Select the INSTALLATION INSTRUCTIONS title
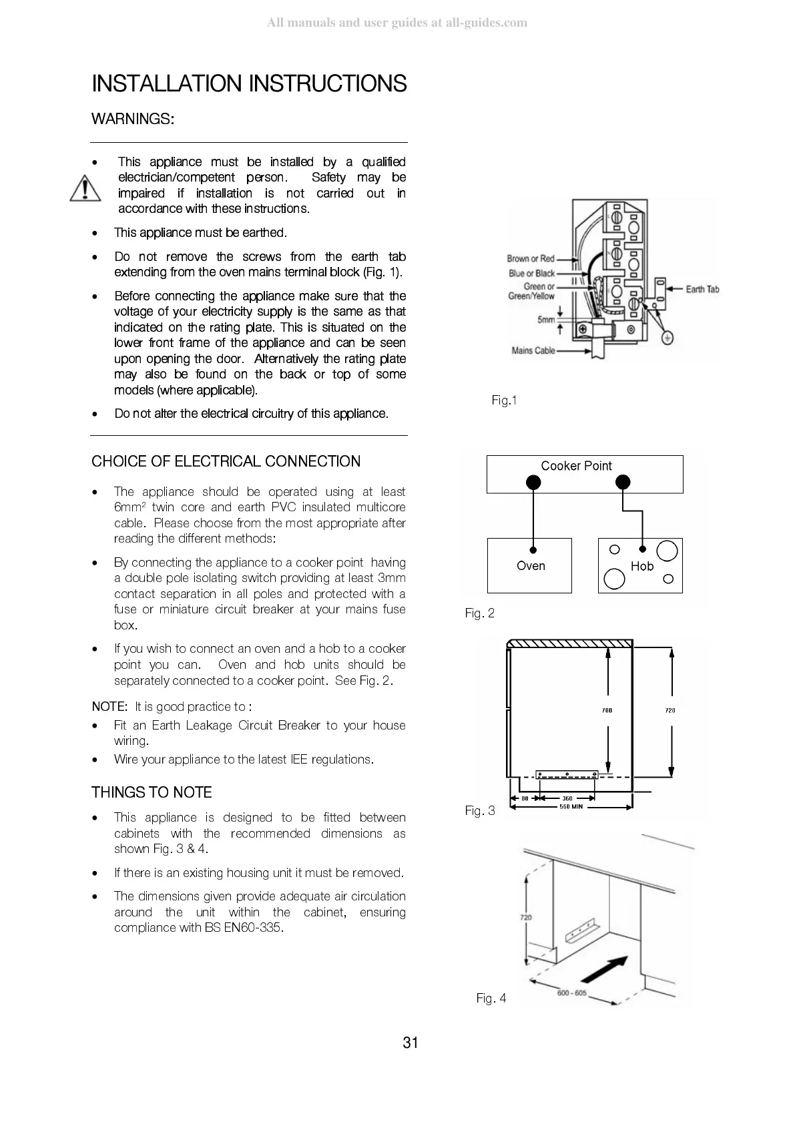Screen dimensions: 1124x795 [x=249, y=84]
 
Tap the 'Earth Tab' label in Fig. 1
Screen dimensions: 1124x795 [x=702, y=289]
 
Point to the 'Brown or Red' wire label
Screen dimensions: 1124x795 [x=531, y=258]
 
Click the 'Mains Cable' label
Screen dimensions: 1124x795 [x=533, y=350]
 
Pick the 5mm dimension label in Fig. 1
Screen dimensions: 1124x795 [x=546, y=320]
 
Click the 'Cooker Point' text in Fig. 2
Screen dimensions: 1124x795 [x=576, y=466]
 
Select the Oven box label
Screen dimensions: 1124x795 [x=531, y=566]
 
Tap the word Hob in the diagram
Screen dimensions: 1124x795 [x=641, y=566]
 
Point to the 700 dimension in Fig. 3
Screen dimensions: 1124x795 [x=607, y=710]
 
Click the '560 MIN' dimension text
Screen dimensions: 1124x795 [x=571, y=806]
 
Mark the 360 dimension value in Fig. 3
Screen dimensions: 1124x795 [x=567, y=798]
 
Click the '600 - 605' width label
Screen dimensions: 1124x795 [x=572, y=993]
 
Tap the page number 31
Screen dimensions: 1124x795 [x=411, y=1043]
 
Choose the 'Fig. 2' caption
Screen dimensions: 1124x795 [x=480, y=613]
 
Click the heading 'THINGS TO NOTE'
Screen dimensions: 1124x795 [x=152, y=792]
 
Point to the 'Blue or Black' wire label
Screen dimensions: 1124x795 [x=531, y=273]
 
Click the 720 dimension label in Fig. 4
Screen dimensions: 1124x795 [x=526, y=917]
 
